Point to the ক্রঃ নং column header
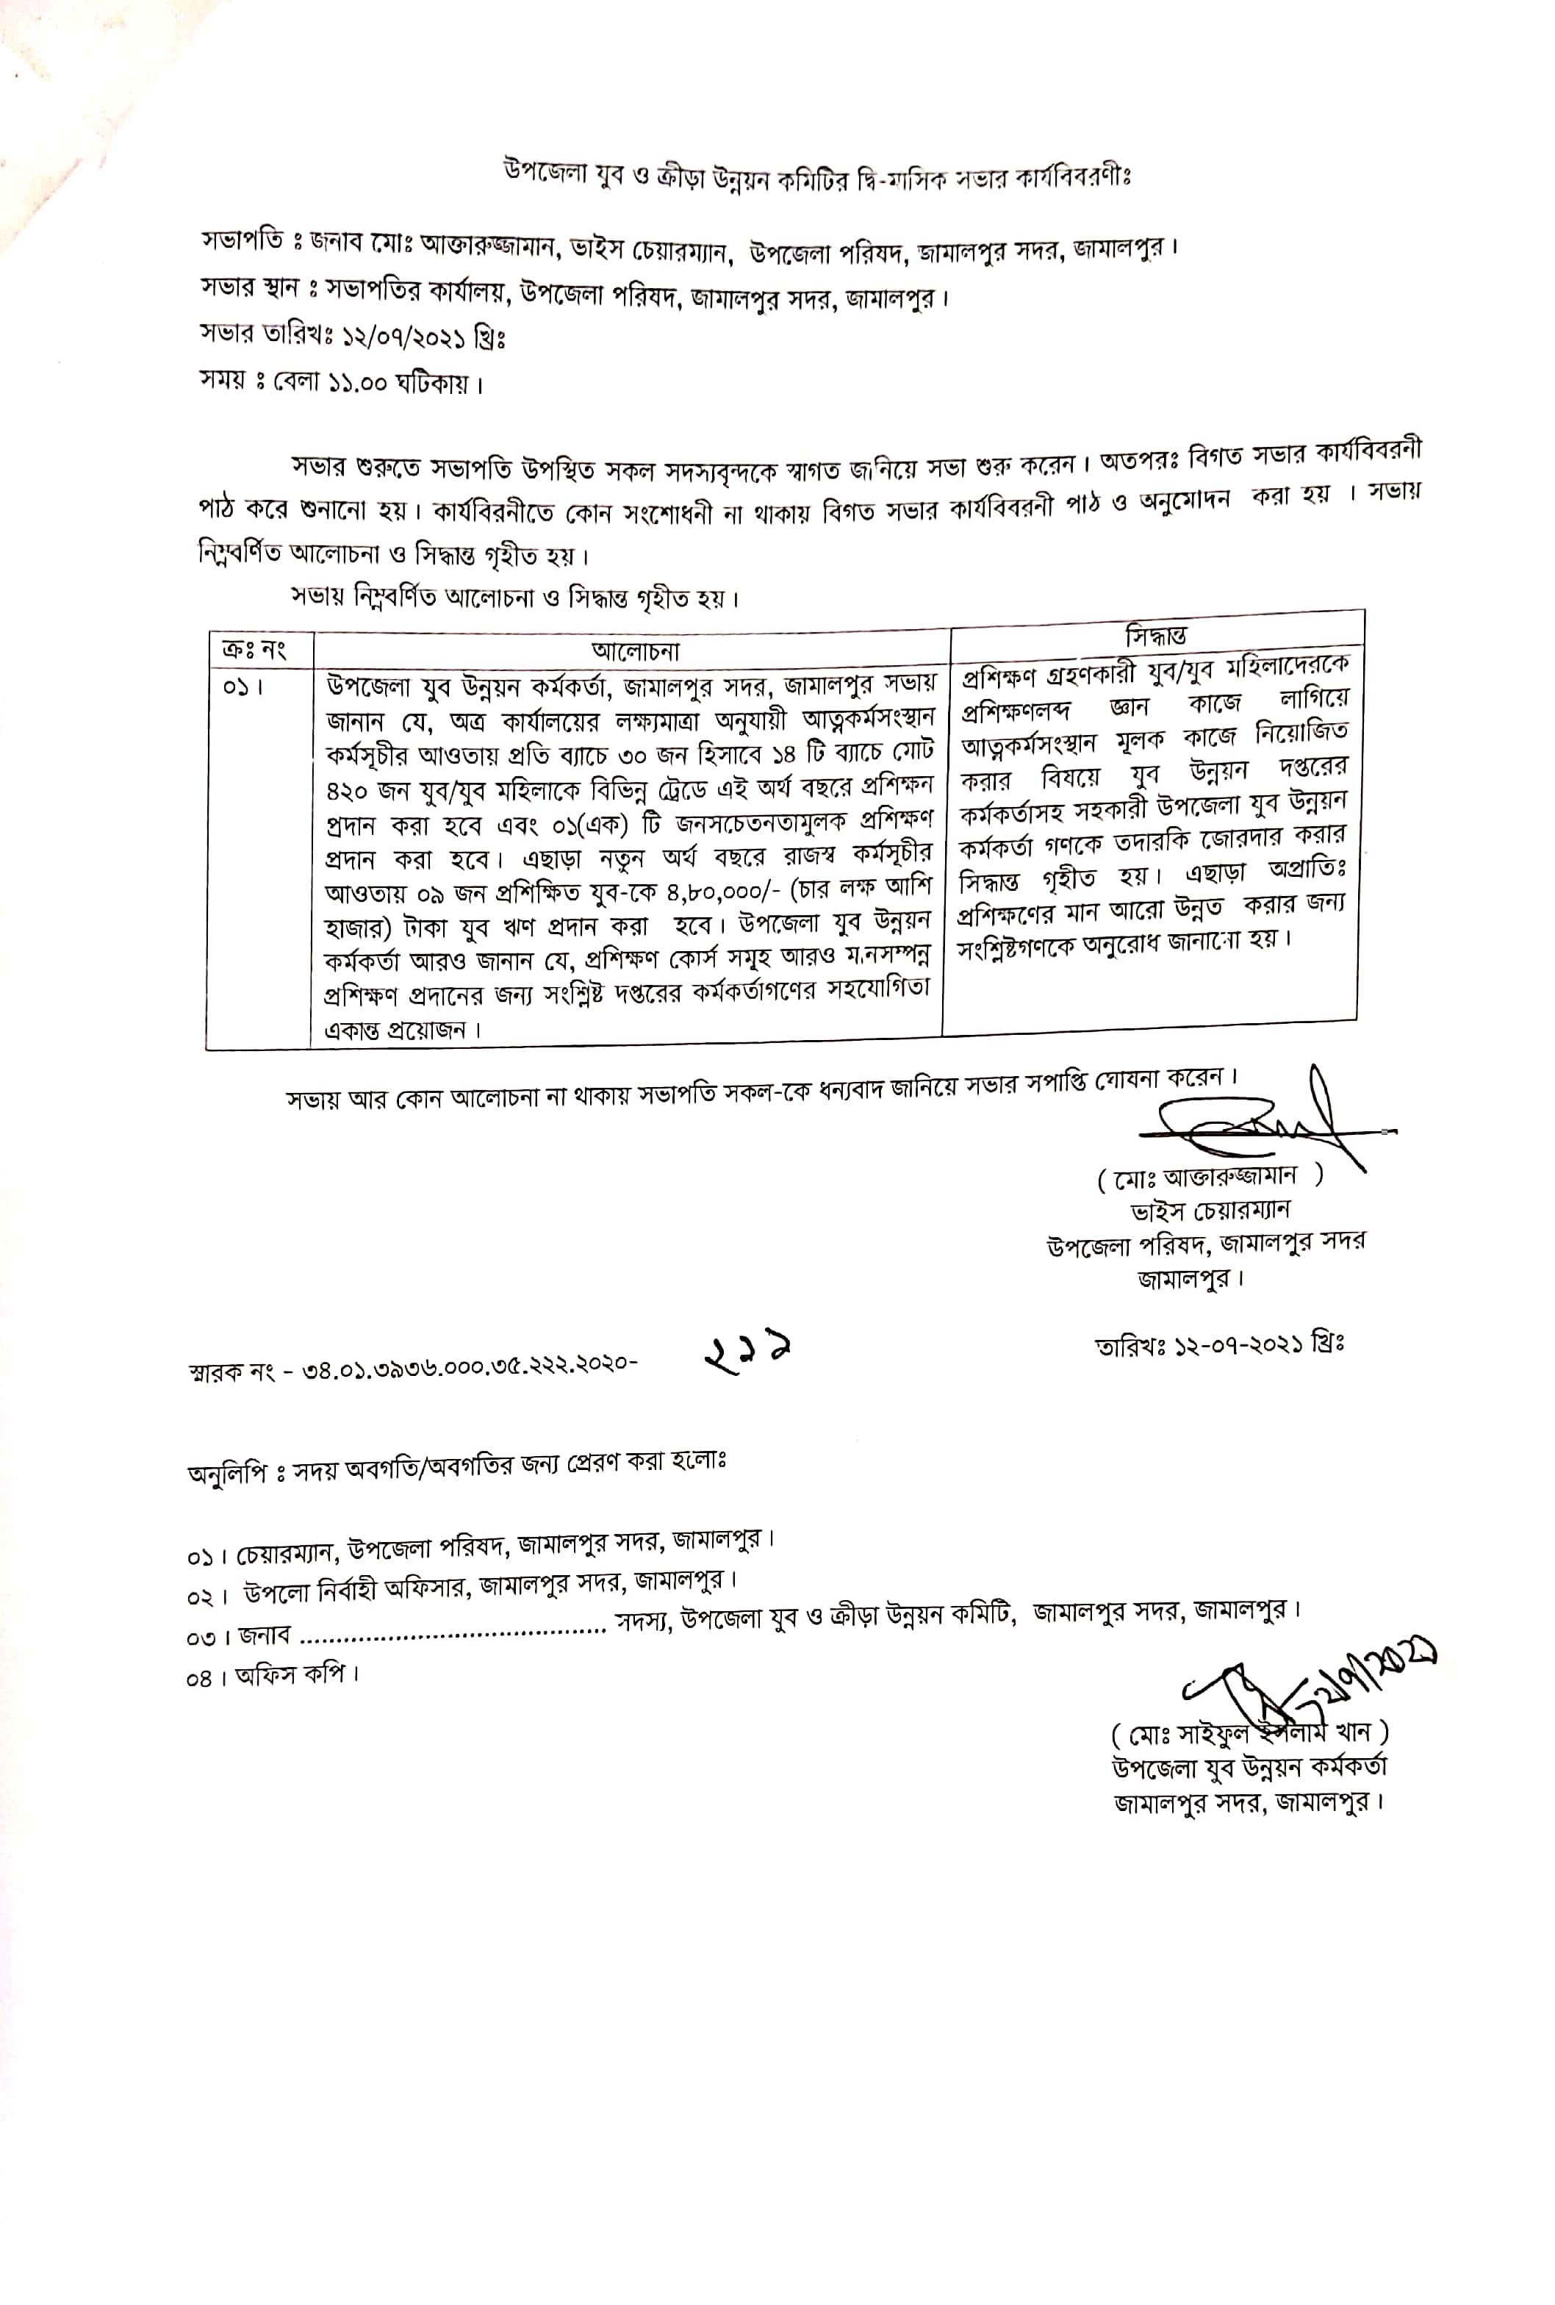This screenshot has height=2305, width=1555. click(253, 650)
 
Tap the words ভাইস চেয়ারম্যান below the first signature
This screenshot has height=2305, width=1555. click(1210, 1210)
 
